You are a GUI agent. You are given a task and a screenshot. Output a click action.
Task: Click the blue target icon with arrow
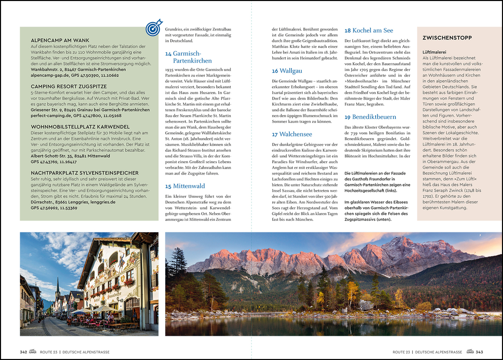(x=154, y=28)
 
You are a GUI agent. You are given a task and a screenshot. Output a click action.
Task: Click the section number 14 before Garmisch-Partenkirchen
(x=168, y=53)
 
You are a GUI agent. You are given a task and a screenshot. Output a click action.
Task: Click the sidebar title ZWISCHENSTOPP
(x=447, y=38)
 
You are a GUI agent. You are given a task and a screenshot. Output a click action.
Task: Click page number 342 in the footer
(x=23, y=352)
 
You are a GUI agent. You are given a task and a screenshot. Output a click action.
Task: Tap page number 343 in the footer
(x=479, y=352)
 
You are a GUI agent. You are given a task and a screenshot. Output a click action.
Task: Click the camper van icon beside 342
(x=33, y=352)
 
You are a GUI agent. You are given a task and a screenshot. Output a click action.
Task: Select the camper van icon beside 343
(x=470, y=352)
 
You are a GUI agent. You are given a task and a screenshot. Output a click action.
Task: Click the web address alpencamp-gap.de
(x=50, y=75)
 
